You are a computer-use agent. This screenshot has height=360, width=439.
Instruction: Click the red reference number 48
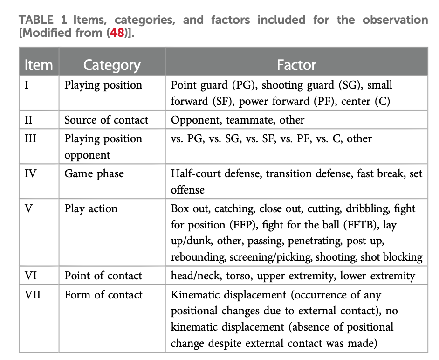(x=117, y=33)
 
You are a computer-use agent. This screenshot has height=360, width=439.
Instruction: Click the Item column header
(x=39, y=65)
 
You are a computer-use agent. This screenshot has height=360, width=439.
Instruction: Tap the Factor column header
(x=296, y=65)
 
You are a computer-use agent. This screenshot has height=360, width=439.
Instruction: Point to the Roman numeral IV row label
(x=30, y=173)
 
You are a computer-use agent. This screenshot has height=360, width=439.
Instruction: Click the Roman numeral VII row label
(x=33, y=295)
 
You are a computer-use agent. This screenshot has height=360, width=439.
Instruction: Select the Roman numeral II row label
(x=28, y=120)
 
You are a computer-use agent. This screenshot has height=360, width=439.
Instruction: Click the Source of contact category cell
(x=106, y=120)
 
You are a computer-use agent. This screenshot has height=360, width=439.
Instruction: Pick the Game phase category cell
(x=94, y=174)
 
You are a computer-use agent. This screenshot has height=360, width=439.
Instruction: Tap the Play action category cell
(x=91, y=209)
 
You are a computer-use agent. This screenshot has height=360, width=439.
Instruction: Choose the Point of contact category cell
(x=103, y=276)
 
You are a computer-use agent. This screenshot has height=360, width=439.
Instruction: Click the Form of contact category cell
(x=103, y=295)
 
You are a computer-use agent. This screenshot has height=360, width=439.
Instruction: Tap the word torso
(x=240, y=276)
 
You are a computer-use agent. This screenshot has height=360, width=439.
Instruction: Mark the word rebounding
(x=198, y=257)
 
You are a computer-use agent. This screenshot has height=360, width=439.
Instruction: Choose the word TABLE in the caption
(x=36, y=20)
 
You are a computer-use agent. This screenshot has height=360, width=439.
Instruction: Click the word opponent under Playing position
(x=87, y=155)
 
